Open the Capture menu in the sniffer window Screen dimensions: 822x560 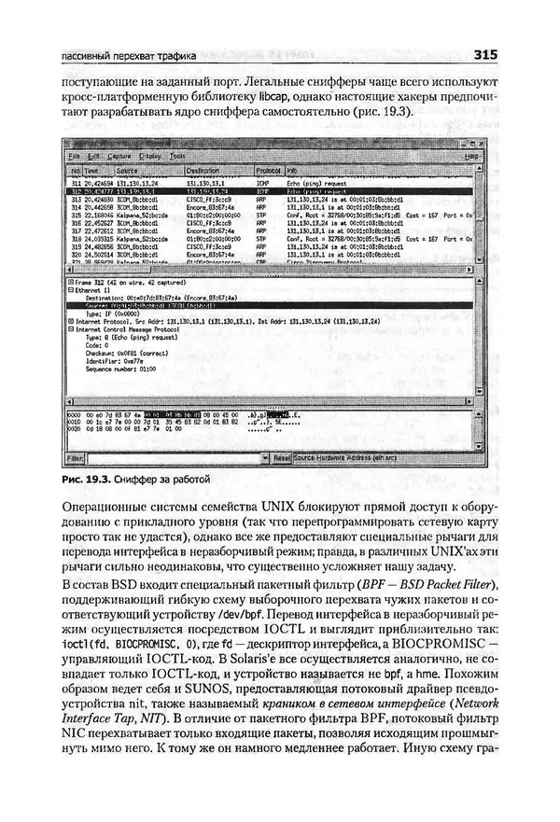tap(119, 156)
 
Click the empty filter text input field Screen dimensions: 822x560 tap(168, 459)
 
